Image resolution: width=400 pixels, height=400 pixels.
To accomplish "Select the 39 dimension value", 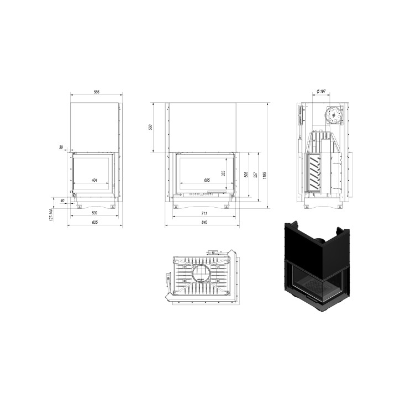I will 61,148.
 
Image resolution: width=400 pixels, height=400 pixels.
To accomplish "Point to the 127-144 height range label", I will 50,215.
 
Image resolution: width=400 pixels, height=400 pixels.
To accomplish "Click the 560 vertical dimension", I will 150,127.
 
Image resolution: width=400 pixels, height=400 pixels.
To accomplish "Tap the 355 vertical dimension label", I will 223,173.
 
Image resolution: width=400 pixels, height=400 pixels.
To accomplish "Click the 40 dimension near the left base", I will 62,201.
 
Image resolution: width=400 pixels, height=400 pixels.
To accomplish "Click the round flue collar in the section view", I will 333,114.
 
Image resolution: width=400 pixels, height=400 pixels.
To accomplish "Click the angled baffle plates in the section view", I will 315,172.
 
